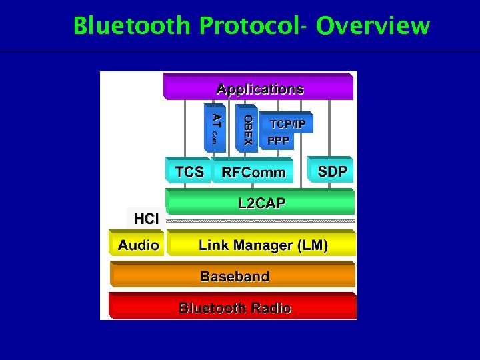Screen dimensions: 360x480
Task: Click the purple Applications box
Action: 259,88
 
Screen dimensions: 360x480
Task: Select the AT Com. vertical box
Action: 215,128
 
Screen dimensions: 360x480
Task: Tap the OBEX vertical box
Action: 247,128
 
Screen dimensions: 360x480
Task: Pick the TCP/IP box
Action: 287,124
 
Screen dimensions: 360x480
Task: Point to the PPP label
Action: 278,141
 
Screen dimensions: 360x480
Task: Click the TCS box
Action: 189,171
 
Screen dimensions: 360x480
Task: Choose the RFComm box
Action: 253,172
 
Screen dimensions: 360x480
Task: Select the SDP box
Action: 332,171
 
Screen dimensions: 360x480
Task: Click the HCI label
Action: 146,219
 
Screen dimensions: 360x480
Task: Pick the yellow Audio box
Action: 138,245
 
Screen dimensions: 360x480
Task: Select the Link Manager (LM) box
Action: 263,245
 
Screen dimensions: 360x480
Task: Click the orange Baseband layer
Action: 234,276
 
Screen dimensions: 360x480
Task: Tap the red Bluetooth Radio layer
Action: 234,307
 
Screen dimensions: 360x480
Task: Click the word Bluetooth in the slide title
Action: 132,26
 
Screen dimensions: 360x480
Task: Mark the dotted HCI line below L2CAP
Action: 261,221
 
